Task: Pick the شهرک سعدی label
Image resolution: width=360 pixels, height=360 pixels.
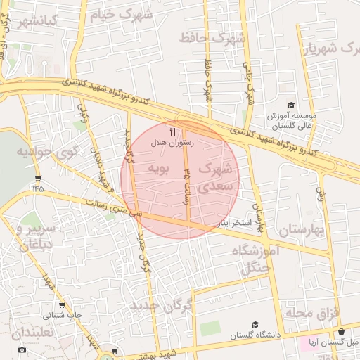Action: [x=214, y=178]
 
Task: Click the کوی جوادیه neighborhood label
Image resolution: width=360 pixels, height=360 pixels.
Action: [x=41, y=151]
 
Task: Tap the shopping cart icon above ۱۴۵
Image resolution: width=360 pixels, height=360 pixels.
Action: [x=37, y=178]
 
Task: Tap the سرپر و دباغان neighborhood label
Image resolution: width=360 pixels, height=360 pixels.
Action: [x=31, y=237]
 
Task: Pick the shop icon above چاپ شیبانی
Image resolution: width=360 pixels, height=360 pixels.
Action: [x=63, y=305]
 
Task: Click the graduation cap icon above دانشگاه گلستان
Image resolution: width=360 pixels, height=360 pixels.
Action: [x=255, y=325]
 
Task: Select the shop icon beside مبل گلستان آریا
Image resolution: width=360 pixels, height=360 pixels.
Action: [x=342, y=332]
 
